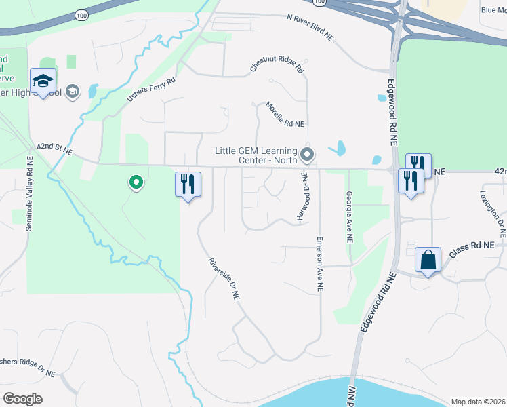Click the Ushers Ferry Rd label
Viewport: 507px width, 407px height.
[x=151, y=90]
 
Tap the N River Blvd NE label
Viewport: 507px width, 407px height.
[x=310, y=26]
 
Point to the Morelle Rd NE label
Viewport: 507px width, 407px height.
[x=285, y=115]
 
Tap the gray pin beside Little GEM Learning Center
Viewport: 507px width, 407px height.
[x=307, y=155]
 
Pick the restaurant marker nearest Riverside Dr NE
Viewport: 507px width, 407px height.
[x=188, y=185]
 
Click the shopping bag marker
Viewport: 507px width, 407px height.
[x=428, y=260]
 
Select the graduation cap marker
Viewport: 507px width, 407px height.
[x=43, y=81]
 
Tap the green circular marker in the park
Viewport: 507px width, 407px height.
[x=136, y=182]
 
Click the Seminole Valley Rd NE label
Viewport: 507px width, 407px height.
[x=29, y=193]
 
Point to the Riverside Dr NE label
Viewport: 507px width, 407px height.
[x=224, y=278]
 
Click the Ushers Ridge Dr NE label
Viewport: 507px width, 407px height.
[x=27, y=366]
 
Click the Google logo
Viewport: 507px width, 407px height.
[x=22, y=398]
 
